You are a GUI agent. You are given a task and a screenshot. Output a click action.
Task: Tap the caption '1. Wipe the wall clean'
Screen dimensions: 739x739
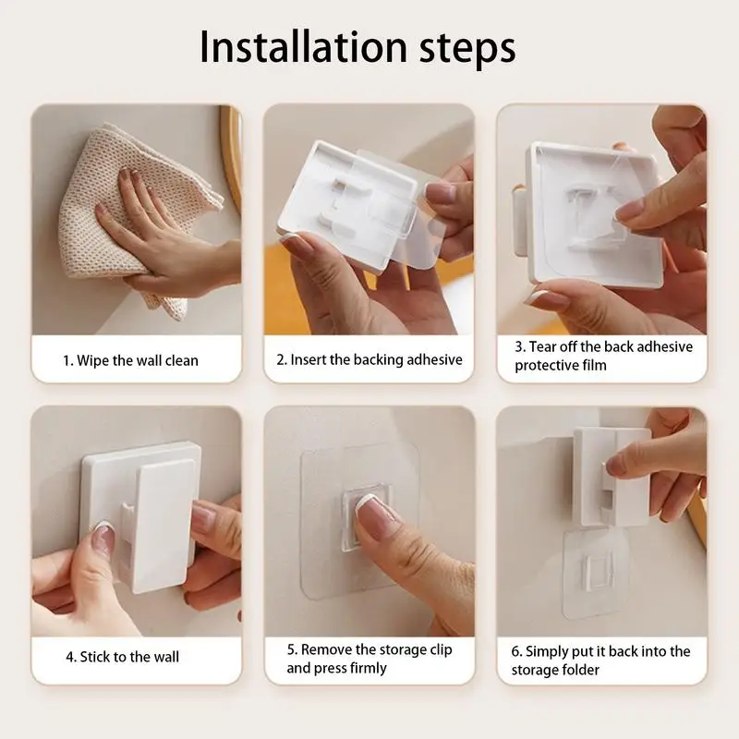point(130,359)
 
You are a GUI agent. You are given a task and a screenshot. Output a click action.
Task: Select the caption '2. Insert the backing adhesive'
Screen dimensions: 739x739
point(369,359)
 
